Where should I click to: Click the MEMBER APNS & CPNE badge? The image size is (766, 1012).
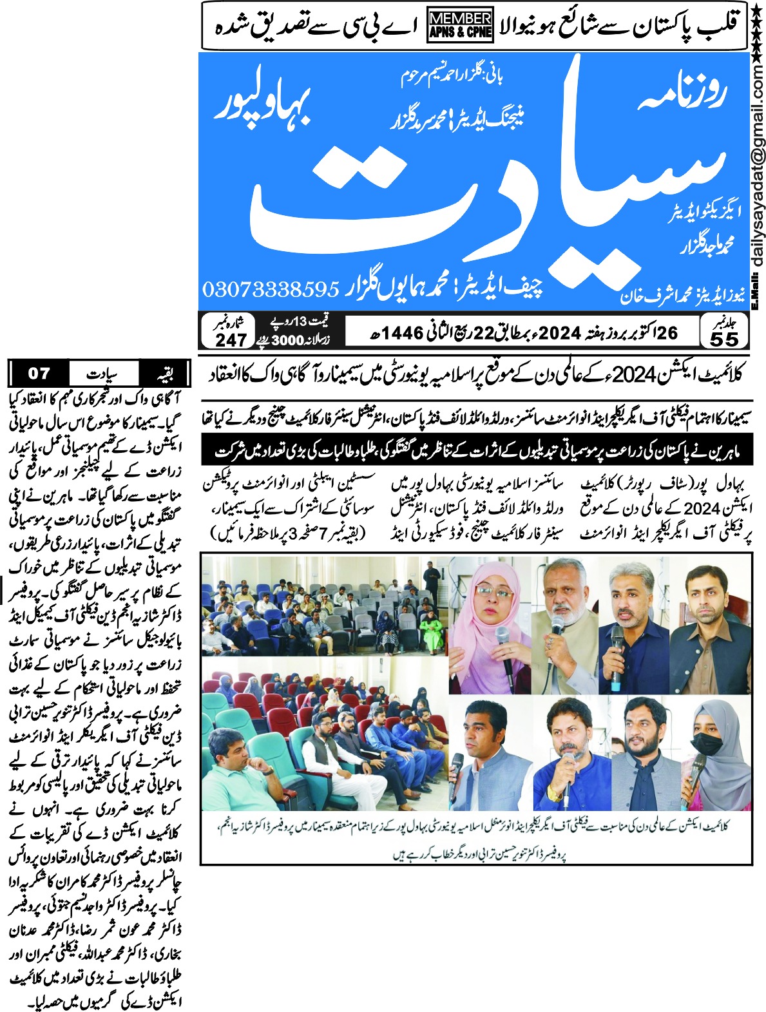(x=460, y=26)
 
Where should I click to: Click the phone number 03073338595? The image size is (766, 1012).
(x=271, y=289)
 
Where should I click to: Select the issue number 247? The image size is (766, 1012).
(x=231, y=338)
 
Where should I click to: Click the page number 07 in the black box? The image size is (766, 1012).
(x=39, y=373)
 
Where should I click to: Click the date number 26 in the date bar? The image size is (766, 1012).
(x=665, y=332)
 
